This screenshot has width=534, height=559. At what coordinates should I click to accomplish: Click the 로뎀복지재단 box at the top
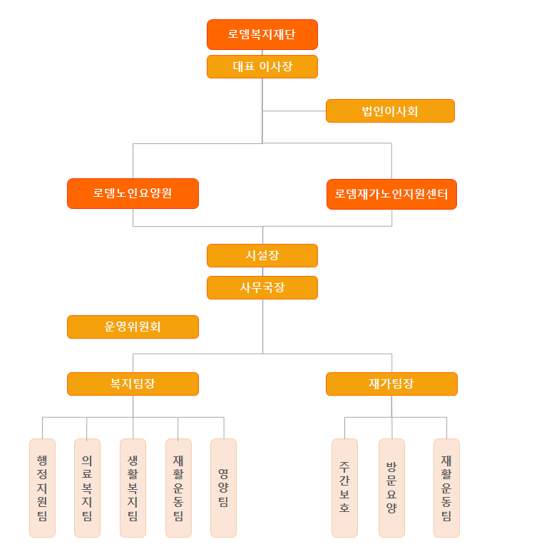[262, 34]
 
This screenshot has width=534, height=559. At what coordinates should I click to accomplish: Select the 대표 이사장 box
[262, 66]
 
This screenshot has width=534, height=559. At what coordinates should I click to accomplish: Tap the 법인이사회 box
[390, 111]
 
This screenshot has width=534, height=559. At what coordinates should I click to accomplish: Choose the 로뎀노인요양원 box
[133, 193]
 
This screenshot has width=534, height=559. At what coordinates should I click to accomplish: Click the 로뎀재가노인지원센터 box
[391, 194]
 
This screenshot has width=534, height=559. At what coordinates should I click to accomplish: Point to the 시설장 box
[262, 255]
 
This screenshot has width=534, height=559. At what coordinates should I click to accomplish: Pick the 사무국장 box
[262, 287]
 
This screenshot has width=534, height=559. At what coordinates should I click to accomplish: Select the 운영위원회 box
[133, 327]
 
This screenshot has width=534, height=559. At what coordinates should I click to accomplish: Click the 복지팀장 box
[133, 384]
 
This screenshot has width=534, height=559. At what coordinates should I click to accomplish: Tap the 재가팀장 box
[391, 384]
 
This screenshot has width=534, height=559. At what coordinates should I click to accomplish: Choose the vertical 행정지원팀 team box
[42, 488]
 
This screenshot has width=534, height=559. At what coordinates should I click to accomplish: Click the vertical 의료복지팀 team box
[87, 488]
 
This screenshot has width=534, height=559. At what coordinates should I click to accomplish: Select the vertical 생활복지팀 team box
[133, 488]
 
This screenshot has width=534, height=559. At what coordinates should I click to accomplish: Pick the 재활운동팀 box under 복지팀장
[178, 488]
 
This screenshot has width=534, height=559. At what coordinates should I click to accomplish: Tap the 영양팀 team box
[223, 488]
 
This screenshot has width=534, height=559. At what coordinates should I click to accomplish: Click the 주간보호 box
[344, 488]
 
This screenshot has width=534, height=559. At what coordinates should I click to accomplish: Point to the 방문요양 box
[391, 488]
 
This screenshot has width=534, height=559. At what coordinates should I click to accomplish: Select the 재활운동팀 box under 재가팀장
[446, 488]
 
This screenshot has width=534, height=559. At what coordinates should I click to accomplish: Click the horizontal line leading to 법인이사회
[294, 111]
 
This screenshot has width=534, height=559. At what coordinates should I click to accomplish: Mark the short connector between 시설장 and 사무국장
[262, 272]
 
